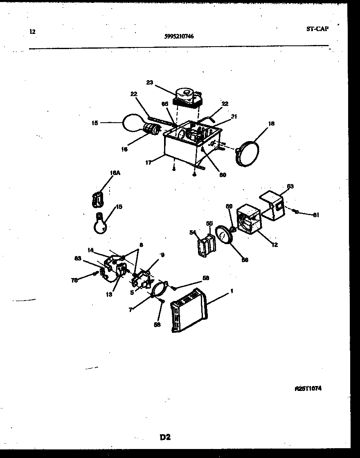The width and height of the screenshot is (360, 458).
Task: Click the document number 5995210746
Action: click(179, 36)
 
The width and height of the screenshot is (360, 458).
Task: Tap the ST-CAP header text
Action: click(317, 29)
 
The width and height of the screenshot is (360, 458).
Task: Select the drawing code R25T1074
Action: click(308, 388)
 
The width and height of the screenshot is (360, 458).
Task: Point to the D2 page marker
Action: click(165, 438)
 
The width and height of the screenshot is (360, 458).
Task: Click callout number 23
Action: click(149, 82)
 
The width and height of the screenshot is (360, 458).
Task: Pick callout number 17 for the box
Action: click(148, 163)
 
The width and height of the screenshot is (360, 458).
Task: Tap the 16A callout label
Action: click(115, 173)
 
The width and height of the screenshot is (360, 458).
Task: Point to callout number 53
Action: click(290, 186)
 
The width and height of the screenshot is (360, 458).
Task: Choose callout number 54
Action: click(193, 232)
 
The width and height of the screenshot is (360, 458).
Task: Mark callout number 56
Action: click(245, 259)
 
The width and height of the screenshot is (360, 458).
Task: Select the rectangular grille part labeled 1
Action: click(189, 310)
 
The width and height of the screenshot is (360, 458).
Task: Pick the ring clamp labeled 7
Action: click(158, 291)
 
